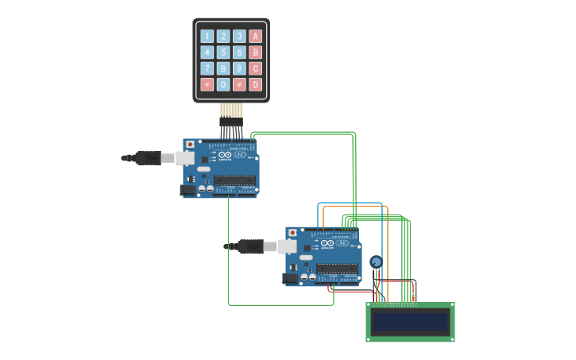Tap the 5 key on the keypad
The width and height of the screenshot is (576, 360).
223,52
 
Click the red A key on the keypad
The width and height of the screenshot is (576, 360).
255,36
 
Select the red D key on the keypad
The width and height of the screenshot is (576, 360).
255,85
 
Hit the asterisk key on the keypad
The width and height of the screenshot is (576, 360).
207,85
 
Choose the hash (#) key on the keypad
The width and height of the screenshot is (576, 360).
239,85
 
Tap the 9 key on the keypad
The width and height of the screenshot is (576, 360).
239,68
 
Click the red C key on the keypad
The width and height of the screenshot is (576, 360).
255,68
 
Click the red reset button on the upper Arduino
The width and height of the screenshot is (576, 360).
190,145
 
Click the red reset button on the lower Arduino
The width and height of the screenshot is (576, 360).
292,233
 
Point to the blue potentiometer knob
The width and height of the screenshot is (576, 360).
376,261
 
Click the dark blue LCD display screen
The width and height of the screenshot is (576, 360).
410,322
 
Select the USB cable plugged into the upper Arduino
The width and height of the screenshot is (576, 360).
151,158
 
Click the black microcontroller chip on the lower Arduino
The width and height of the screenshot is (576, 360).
337,269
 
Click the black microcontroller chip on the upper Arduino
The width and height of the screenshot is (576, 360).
234,180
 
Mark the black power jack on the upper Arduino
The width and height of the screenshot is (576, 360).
187,190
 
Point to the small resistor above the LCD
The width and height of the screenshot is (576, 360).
412,297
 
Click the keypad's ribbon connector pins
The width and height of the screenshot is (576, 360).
231,111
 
